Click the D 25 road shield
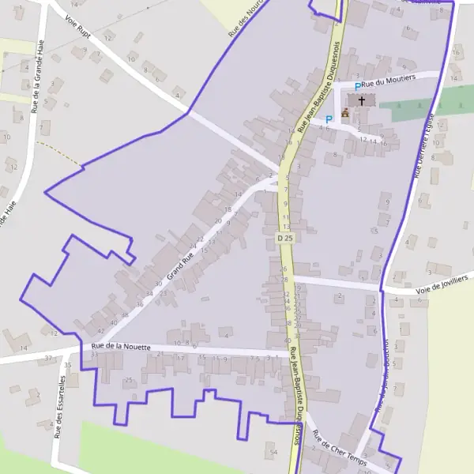coord(284,238)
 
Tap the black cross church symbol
coord(363,100)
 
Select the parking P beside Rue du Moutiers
coord(358,86)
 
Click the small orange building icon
coord(345,113)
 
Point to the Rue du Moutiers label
coord(388,80)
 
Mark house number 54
coord(274,450)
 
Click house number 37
coord(48,358)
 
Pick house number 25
coord(128,380)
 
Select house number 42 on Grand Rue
coord(101,331)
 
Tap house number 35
coord(68,366)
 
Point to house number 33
coord(93,355)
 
